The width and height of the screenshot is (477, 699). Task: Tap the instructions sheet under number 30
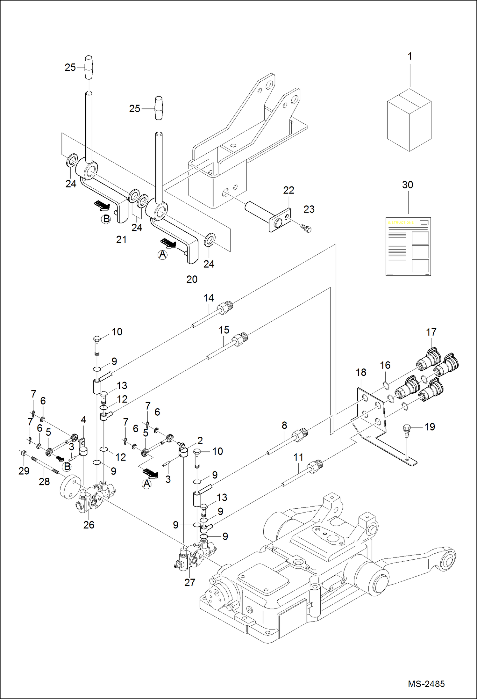pos(408,246)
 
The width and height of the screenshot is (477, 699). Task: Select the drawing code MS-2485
pos(426,683)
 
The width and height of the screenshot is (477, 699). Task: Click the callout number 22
pos(288,190)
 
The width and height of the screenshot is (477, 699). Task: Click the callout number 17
pos(431,332)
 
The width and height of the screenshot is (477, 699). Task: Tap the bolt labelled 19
pos(407,428)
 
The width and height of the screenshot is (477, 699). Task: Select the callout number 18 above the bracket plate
pos(361,372)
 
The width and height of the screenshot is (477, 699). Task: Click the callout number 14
pos(209,298)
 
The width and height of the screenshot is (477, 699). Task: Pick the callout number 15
pos(224,330)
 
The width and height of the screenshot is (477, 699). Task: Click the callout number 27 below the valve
pos(189,582)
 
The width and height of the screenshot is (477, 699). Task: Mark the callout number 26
pos(89,525)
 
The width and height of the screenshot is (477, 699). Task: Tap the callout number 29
pos(24,471)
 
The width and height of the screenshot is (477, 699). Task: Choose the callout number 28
pos(44,481)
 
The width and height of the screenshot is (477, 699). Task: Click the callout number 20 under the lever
pos(192,279)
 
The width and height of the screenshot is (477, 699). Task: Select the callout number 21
pos(121,240)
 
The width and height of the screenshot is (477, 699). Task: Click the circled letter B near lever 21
pos(106,219)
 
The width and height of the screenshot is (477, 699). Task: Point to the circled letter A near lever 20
pos(162,255)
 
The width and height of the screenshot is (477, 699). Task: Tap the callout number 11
pos(298,457)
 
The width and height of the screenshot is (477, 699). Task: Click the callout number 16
pos(385,365)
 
